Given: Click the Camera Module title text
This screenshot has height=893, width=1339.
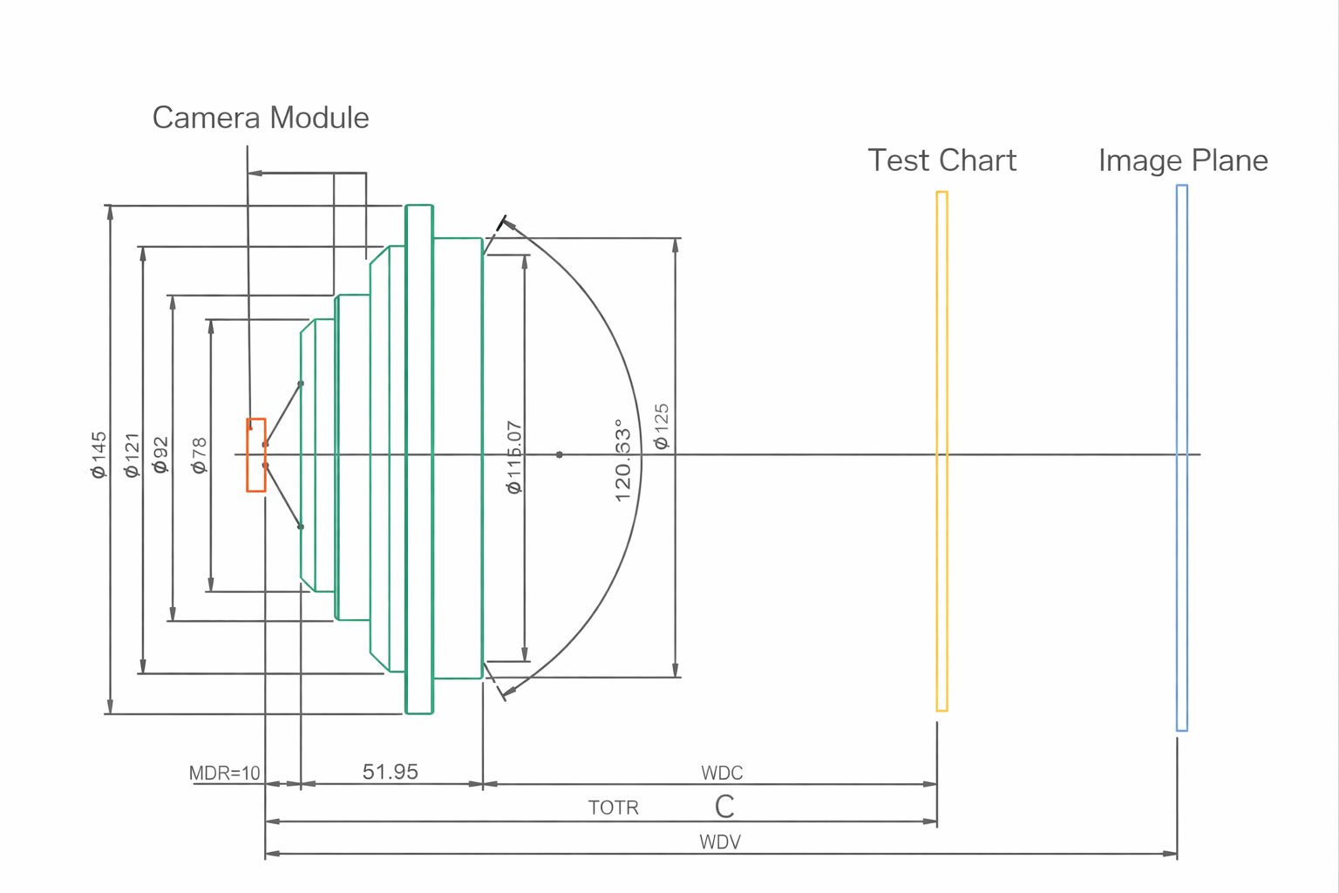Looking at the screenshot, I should point(260,118).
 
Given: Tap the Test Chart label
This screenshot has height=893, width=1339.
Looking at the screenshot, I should point(941,160).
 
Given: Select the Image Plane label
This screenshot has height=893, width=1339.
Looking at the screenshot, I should point(1182,160).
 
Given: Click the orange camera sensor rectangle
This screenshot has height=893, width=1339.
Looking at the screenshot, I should point(255,455).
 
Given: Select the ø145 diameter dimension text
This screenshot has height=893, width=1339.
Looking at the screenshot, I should point(99,454).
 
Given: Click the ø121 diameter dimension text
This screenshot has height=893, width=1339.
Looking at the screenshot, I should point(132,455).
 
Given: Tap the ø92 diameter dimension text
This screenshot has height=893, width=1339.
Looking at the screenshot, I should point(160,455).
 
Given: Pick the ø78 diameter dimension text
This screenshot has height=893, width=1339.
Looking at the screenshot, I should point(200,455).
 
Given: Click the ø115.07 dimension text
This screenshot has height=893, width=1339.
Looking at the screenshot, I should point(514,457).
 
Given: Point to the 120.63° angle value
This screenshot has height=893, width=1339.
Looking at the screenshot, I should point(622,460).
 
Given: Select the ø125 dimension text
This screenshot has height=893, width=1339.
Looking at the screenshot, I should point(662,426).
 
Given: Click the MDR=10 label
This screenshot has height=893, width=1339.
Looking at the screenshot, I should point(225,774).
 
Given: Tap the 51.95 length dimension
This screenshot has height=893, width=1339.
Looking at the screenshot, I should point(390,772).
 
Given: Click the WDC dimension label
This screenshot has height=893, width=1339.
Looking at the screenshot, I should point(722,774).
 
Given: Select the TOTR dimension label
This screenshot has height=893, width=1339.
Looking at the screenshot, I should point(613,808).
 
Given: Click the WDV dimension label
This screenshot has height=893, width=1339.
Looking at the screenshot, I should point(720,842).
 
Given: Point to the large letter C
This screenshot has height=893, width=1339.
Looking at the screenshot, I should point(724,807).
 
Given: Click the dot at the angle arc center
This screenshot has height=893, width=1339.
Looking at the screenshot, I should point(560,454).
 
